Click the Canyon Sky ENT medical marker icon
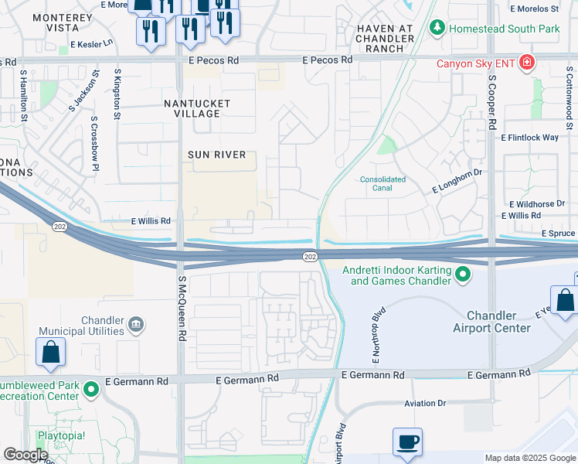click(x=527, y=62)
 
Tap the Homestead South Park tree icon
click(x=437, y=29)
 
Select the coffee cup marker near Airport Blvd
click(x=407, y=442)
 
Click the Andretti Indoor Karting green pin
click(x=463, y=274)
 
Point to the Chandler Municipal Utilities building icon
click(x=135, y=322)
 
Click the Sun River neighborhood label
click(x=217, y=155)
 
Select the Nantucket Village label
click(x=192, y=108)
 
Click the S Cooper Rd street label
click(x=491, y=101)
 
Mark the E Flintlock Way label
click(x=529, y=138)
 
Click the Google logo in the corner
click(x=25, y=455)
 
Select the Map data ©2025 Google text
click(x=529, y=458)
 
